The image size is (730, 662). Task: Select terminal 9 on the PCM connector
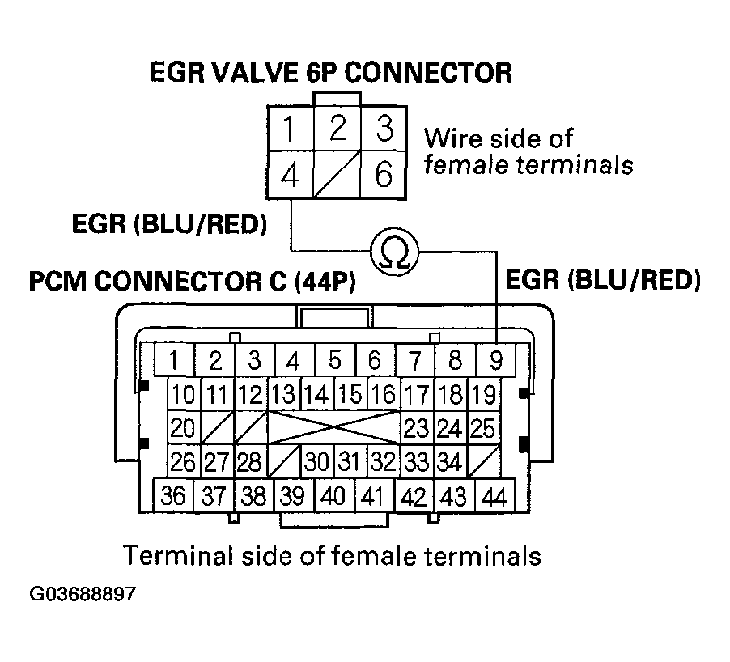coord(495,360)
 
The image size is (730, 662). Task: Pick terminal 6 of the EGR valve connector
coord(384,172)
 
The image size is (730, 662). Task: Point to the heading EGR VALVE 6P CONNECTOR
coord(331,73)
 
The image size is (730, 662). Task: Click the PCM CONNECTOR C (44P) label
coord(192,283)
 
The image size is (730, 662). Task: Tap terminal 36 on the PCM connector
coord(173,495)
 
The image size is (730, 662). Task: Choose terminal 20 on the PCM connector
coord(184,427)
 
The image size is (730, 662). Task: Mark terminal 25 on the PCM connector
coord(482,427)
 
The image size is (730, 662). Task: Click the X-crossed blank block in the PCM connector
coord(333,427)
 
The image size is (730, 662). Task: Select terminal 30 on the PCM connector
coord(316,461)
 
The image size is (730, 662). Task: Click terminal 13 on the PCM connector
coord(283,395)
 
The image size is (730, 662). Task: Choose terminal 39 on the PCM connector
coord(293,495)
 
